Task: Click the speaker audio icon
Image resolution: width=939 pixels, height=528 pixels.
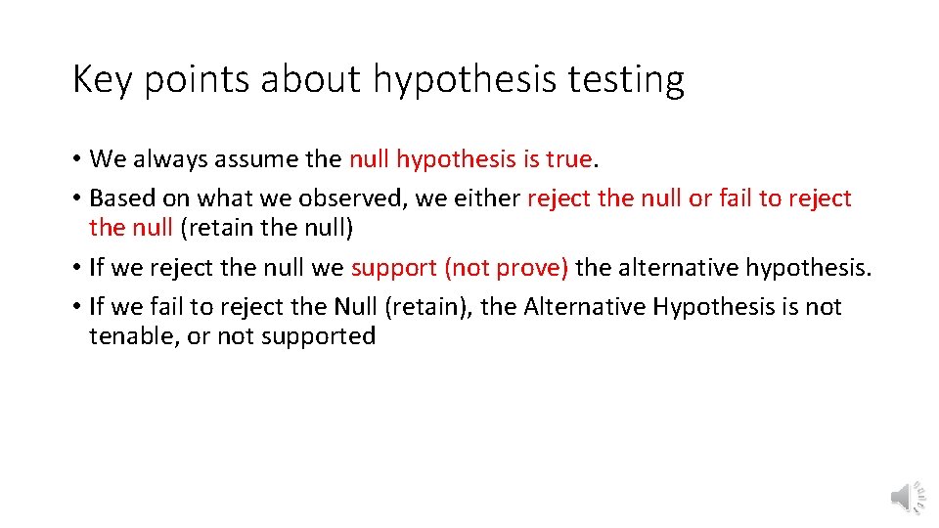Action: point(907,498)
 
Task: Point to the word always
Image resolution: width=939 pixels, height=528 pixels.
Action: point(167,158)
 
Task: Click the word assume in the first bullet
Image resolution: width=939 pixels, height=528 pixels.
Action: point(243,158)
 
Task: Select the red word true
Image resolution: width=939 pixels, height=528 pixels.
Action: point(569,158)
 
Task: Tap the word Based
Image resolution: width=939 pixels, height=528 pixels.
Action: point(122,198)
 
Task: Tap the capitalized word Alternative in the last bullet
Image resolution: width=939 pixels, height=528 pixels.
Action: point(585,307)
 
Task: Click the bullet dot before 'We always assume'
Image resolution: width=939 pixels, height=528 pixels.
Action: point(76,159)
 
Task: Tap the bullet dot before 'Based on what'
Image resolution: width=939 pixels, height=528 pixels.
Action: point(76,199)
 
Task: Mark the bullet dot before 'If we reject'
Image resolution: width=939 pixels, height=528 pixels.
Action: point(76,268)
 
